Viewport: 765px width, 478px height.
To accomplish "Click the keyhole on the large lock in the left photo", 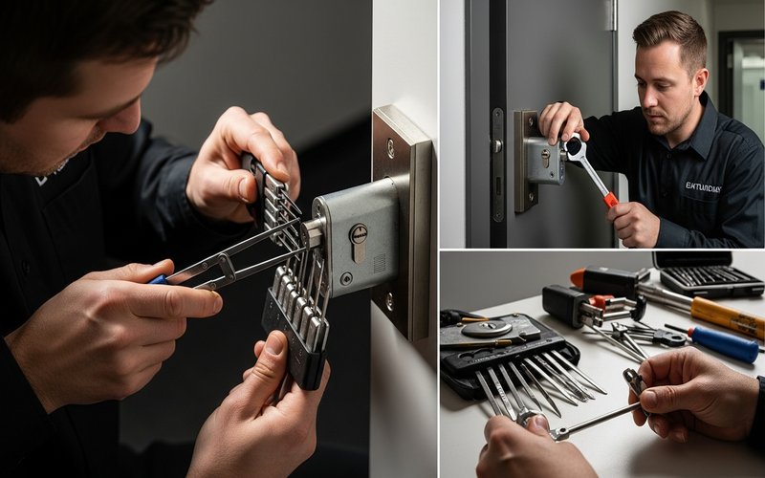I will [x=359, y=240].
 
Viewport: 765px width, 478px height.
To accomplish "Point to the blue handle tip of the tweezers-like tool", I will [x=156, y=279].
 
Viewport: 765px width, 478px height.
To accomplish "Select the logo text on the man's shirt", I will [x=703, y=187].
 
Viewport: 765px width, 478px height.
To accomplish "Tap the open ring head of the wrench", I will [x=575, y=147].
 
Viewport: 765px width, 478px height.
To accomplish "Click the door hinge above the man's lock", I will [x=612, y=14].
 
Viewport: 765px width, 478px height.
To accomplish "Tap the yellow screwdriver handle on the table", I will [x=728, y=316].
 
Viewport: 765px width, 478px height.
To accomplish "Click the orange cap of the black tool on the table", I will [x=578, y=276].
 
